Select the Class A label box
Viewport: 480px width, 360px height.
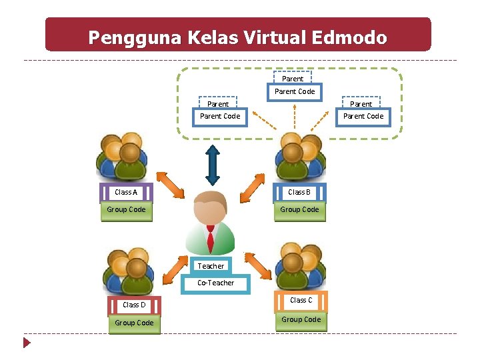pos(126,192)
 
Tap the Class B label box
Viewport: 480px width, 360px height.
pos(299,192)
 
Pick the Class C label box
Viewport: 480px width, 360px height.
pos(301,300)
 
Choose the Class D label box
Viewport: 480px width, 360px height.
pos(134,305)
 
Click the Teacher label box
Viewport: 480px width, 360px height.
pos(211,266)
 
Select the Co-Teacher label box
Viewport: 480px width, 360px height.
pos(216,283)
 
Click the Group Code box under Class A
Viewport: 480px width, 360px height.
pos(126,210)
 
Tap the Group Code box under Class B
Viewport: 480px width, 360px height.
pos(299,210)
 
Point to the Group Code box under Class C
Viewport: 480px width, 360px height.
pos(301,320)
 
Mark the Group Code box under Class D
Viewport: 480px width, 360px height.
pos(134,323)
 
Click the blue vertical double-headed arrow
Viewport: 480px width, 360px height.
pos(213,164)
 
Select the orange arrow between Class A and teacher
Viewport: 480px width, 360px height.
pos(170,186)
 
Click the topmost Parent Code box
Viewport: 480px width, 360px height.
pos(294,91)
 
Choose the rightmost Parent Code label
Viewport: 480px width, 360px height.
pos(363,116)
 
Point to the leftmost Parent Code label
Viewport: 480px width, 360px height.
pos(220,116)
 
